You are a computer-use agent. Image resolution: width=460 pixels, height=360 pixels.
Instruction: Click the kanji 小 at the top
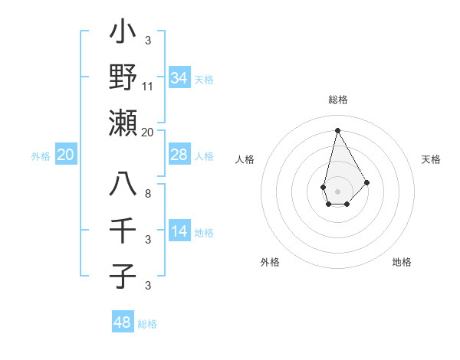click(123, 34)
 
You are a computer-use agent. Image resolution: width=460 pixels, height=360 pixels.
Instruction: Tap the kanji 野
click(123, 78)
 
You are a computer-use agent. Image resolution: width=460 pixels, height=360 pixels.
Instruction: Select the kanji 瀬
click(123, 123)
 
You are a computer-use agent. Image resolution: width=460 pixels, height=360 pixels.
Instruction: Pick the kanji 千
click(123, 231)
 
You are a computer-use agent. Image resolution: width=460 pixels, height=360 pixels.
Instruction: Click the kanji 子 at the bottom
click(123, 275)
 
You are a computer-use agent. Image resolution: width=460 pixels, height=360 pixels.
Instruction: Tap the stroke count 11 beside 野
click(148, 87)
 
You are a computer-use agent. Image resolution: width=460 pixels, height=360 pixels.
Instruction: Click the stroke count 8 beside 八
click(148, 194)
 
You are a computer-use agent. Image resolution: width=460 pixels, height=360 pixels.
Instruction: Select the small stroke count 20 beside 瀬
click(148, 132)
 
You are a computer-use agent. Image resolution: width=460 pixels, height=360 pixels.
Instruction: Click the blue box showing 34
click(179, 77)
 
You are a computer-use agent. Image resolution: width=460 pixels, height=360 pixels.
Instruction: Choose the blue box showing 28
click(179, 155)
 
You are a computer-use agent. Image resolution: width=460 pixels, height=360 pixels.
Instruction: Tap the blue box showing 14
click(179, 231)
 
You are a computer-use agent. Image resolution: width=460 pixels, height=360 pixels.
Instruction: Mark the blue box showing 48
click(123, 322)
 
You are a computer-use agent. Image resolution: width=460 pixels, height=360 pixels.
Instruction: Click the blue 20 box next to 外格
click(66, 155)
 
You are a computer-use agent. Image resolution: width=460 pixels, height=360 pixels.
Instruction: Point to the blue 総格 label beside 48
click(147, 324)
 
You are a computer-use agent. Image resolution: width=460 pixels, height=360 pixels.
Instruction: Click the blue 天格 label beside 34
click(204, 79)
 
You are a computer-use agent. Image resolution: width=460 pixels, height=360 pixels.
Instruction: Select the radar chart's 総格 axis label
click(337, 100)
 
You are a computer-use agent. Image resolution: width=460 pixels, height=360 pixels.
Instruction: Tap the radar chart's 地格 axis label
click(402, 262)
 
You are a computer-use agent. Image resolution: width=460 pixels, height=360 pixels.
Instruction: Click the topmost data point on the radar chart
click(337, 129)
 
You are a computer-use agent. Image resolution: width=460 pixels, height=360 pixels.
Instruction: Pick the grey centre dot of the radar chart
click(337, 190)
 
